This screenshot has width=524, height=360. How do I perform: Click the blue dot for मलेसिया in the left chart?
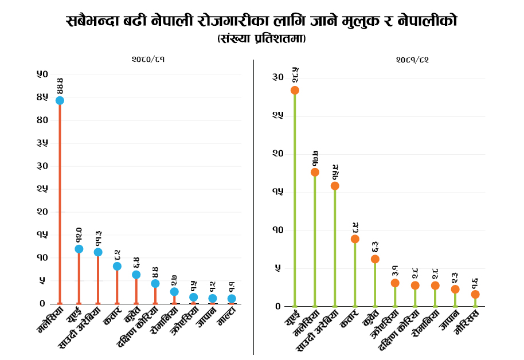(x=60, y=100)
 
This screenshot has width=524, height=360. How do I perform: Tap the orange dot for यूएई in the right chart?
(x=295, y=90)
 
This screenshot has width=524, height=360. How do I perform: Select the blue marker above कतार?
(x=117, y=266)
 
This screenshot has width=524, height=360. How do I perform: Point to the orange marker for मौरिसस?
(x=475, y=294)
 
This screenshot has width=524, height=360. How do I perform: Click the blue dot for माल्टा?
(x=232, y=299)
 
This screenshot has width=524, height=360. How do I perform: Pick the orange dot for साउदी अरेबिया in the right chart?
(x=335, y=186)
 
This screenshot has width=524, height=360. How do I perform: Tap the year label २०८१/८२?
(x=412, y=59)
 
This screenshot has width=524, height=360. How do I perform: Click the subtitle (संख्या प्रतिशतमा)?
(x=261, y=39)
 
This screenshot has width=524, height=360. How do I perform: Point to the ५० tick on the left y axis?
(x=42, y=74)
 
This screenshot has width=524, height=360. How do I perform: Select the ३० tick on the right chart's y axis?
(x=278, y=77)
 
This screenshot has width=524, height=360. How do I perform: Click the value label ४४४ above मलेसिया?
(x=60, y=86)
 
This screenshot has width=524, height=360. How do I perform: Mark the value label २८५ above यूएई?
(x=295, y=76)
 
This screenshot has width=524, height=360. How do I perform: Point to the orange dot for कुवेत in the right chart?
(x=375, y=259)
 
